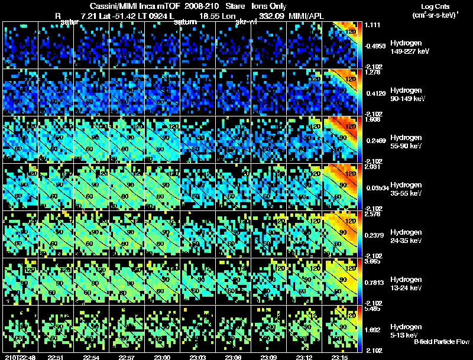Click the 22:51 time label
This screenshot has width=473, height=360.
pos(55,357)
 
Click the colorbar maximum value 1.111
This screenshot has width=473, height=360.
pos(372,25)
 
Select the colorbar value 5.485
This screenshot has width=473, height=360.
pos(372,309)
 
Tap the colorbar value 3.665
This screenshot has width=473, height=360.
pos(372,262)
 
